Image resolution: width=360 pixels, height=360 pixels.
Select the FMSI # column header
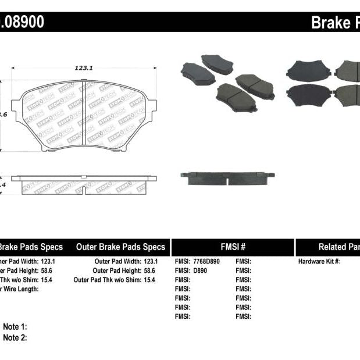click(x=233, y=247)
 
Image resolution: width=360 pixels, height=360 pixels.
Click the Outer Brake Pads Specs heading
click(x=120, y=247)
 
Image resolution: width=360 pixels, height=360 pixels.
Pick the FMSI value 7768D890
click(x=208, y=262)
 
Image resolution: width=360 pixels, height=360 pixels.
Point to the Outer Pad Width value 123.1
click(x=151, y=262)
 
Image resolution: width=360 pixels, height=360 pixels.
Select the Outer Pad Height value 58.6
click(x=151, y=270)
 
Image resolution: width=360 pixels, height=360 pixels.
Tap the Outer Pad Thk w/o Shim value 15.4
click(x=151, y=280)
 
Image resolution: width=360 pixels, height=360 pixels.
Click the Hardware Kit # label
click(x=319, y=262)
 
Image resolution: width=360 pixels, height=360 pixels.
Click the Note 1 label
click(x=15, y=327)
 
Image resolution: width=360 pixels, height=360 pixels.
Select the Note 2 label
click(x=15, y=337)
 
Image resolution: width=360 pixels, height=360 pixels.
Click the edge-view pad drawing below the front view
click(x=84, y=184)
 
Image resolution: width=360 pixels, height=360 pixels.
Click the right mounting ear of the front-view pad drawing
click(x=153, y=107)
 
